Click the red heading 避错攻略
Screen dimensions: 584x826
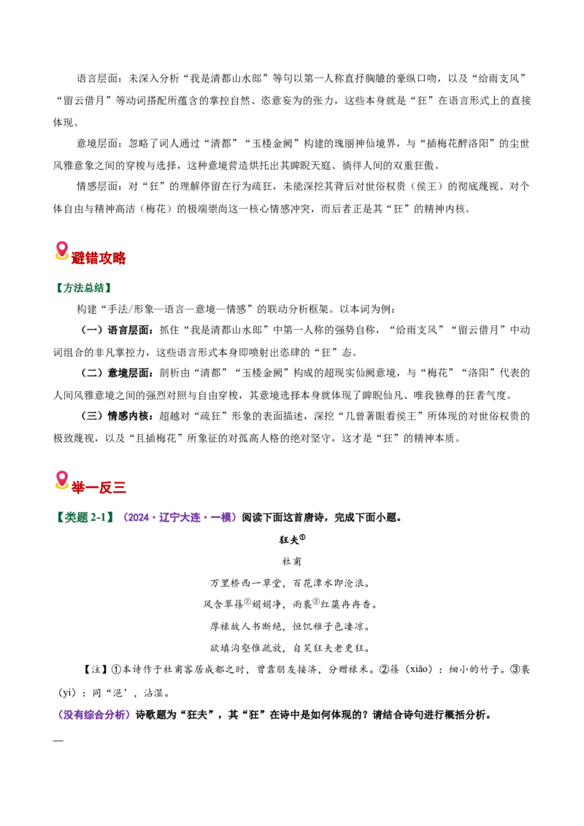point(99,258)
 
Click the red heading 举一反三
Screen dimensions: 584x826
point(99,487)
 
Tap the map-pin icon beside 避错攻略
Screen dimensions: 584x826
point(61,251)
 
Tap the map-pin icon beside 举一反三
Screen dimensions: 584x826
point(61,480)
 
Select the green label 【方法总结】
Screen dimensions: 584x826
point(82,287)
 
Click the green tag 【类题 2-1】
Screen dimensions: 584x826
point(85,517)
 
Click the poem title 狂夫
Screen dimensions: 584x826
point(289,541)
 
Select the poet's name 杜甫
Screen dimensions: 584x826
point(291,562)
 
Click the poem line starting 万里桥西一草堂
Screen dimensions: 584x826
point(291,583)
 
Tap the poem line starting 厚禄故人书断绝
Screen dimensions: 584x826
point(291,626)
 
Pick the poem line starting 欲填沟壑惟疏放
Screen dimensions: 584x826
point(291,648)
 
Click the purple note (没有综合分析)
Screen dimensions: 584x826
point(94,715)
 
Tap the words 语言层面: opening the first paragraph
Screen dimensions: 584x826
point(100,79)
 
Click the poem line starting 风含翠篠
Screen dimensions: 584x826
point(291,605)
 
